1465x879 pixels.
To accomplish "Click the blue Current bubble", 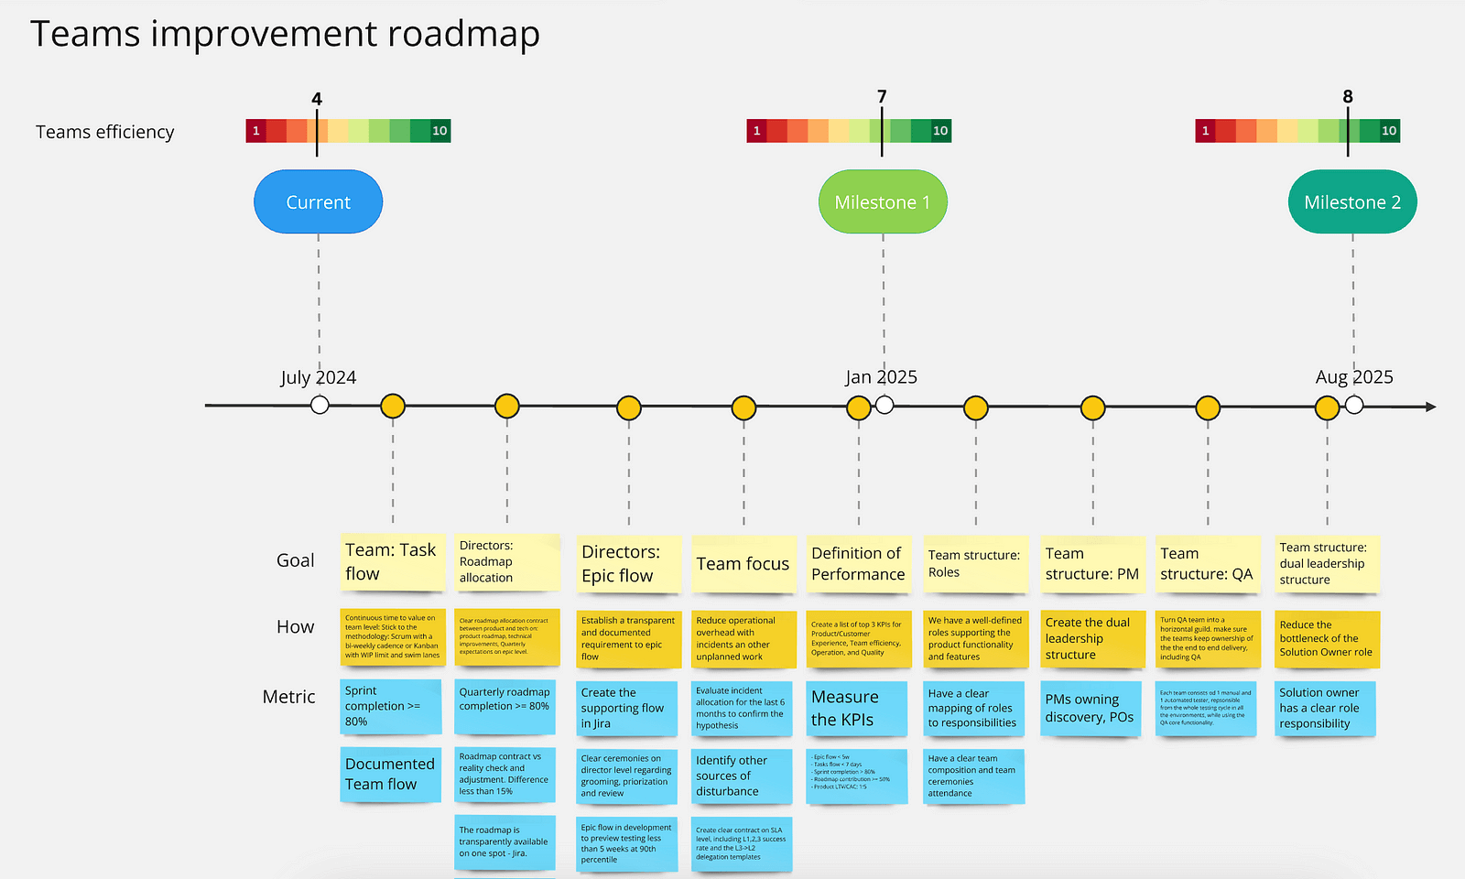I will click(x=318, y=201).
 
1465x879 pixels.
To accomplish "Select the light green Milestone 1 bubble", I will click(x=882, y=201).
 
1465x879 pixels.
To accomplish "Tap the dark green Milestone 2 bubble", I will click(x=1352, y=201).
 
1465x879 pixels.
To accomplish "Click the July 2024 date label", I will click(x=318, y=377).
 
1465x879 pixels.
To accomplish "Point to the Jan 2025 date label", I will click(x=881, y=377).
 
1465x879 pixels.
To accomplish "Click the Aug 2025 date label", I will click(x=1354, y=377).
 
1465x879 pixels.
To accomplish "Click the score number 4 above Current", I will click(x=317, y=99).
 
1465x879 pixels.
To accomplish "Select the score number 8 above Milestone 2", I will click(x=1348, y=96).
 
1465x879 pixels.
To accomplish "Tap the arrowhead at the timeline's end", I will click(x=1430, y=407).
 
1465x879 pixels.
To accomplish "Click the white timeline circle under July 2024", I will click(x=320, y=405).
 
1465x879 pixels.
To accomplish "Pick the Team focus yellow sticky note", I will click(x=743, y=564).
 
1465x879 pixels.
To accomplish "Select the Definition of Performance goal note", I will click(x=858, y=564).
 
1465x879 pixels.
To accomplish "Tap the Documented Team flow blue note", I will click(x=390, y=774).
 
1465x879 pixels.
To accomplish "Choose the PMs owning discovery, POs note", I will click(x=1091, y=709).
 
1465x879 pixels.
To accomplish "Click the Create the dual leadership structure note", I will click(x=1091, y=638).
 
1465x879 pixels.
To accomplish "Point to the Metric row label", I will click(x=288, y=697).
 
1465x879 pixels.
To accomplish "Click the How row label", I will click(x=295, y=627).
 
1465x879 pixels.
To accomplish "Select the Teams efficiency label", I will click(x=104, y=132).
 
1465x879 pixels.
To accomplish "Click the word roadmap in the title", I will click(x=463, y=35).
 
